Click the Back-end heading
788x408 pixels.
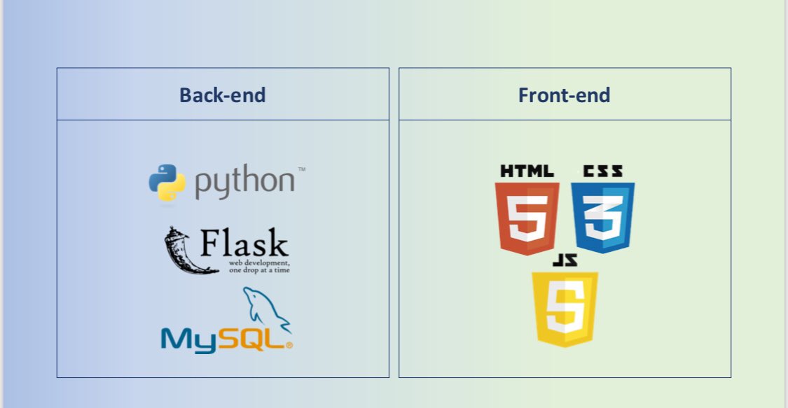(222, 94)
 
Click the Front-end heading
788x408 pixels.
(564, 94)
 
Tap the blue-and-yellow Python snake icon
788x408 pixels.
(167, 183)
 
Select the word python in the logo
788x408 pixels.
(244, 183)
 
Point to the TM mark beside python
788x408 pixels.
(302, 169)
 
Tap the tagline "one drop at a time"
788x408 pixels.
(259, 269)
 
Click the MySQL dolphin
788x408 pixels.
(265, 308)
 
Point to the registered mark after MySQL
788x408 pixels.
(289, 345)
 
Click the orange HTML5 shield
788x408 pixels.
(527, 218)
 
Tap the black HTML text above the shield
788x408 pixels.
(527, 170)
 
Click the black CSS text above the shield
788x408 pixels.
(602, 170)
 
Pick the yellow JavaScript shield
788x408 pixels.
(565, 308)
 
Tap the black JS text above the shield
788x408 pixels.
(565, 261)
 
